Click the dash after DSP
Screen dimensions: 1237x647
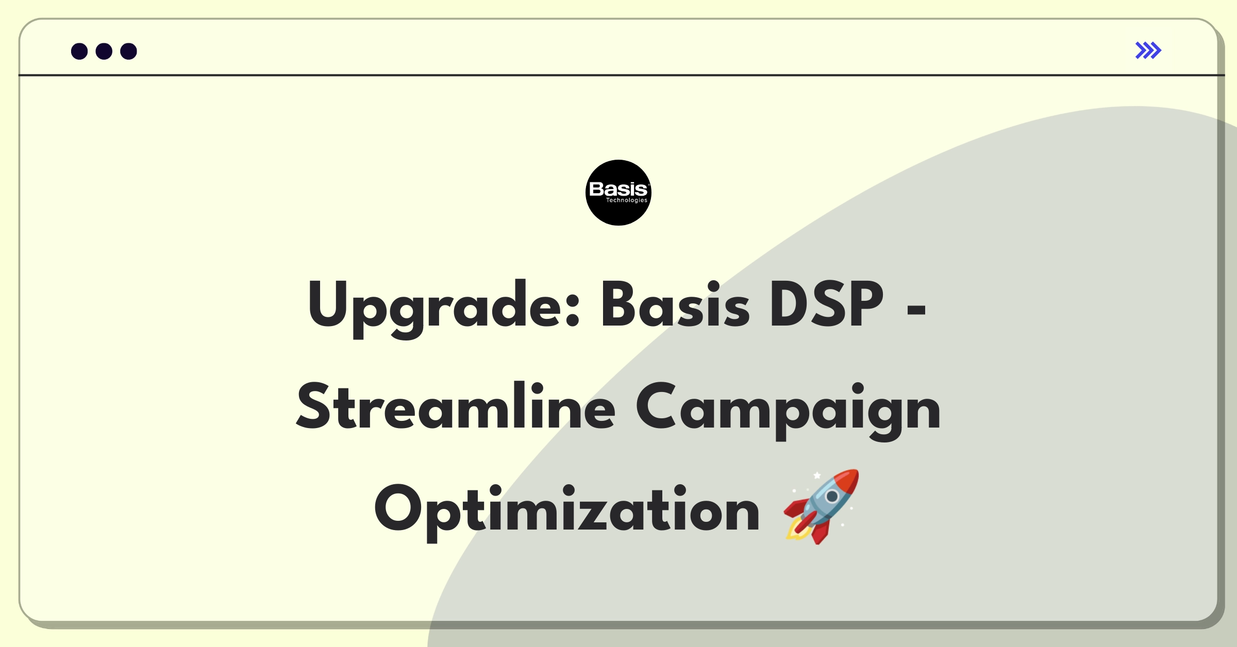coord(916,310)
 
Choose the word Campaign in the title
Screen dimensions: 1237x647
coord(788,410)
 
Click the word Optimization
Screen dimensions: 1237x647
coord(566,512)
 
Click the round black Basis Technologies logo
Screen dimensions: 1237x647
coord(618,193)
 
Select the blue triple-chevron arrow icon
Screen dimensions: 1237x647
coord(1148,50)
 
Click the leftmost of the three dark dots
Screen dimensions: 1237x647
coord(79,52)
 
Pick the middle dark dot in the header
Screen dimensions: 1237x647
coord(104,52)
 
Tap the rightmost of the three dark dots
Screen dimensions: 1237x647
coord(129,52)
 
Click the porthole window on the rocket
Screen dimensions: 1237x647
coord(832,497)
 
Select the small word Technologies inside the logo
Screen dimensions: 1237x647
coord(626,200)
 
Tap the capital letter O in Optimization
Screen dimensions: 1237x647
coord(398,508)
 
